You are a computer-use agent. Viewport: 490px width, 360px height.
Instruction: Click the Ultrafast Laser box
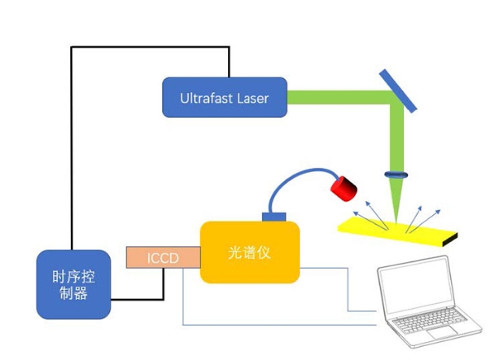(225, 98)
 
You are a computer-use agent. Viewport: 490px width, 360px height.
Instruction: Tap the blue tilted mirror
(398, 89)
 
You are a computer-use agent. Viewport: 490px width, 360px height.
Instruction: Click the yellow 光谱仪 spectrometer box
(250, 252)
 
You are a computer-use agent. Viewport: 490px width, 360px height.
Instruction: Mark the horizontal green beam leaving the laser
(334, 98)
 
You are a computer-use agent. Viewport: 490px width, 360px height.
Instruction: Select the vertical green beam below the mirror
(398, 138)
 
